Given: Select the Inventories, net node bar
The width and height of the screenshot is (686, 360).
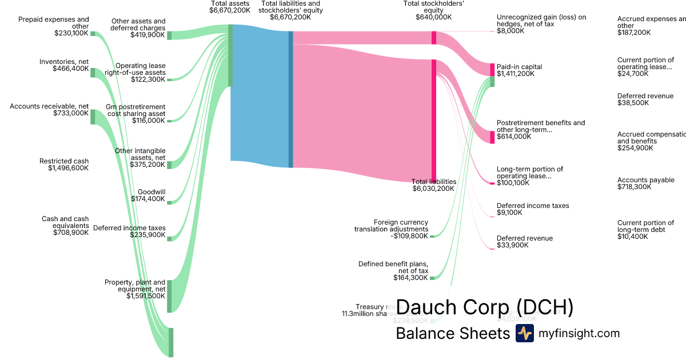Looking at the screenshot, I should pyautogui.click(x=93, y=73).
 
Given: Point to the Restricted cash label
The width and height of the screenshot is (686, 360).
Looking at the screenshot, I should pyautogui.click(x=64, y=161).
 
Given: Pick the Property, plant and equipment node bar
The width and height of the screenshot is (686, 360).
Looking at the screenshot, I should pyautogui.click(x=169, y=296).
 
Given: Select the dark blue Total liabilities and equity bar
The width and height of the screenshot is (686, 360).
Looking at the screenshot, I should pyautogui.click(x=290, y=99).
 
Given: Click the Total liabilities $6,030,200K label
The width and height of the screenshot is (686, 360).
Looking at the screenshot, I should pyautogui.click(x=434, y=185).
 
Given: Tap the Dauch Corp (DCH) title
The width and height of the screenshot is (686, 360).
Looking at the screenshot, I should pyautogui.click(x=484, y=307).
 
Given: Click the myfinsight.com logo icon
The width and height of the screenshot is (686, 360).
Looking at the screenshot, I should pyautogui.click(x=524, y=333).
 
